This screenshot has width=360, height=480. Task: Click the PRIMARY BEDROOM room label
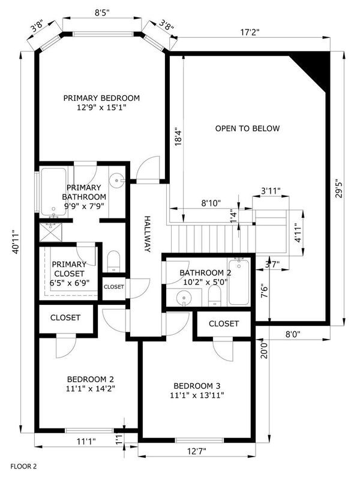101,98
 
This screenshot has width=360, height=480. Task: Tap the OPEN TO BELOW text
247,128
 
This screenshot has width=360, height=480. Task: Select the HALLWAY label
148,234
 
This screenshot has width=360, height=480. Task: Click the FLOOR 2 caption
23,467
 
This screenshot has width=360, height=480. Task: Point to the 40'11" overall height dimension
16,242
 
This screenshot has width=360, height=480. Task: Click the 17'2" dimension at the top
250,32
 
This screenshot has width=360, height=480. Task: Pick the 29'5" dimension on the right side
339,188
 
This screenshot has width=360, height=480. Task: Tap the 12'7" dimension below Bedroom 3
197,451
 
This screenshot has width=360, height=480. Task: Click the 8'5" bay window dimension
102,13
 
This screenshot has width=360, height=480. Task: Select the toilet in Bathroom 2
215,296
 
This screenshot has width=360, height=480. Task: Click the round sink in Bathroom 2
184,298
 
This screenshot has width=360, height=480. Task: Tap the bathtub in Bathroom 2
239,281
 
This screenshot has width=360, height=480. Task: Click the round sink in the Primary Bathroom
117,181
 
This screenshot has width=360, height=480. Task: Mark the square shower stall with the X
50,233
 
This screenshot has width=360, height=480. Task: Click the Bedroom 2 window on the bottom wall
89,430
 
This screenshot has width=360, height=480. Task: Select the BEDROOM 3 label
197,386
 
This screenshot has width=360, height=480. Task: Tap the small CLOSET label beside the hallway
114,287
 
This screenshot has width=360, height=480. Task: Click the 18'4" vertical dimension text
178,137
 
